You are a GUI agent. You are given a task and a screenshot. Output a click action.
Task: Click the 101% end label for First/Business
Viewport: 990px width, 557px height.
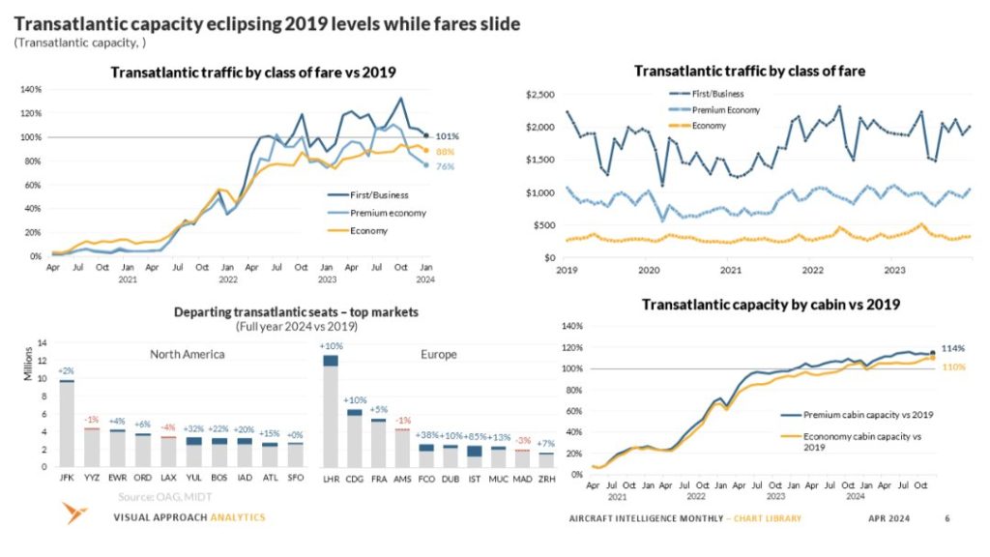pos(447,136)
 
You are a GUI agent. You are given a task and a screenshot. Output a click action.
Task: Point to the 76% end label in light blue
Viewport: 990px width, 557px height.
pos(446,166)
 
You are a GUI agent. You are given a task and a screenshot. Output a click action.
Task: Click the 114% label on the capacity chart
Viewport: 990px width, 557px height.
pos(954,348)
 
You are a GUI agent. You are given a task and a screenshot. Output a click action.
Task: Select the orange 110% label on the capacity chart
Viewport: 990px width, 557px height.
pos(954,366)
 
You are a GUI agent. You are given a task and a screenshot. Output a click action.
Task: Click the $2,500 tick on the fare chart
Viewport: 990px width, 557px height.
pos(539,95)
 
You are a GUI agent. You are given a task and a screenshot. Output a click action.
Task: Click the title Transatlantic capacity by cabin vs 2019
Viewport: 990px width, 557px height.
pos(771,305)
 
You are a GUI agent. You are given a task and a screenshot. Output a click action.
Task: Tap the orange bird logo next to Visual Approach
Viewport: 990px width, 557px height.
pos(73,514)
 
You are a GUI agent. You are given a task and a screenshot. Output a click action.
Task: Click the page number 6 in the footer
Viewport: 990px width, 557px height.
pos(946,519)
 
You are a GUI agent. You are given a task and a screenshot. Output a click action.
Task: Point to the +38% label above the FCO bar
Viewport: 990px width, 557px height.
pos(425,436)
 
